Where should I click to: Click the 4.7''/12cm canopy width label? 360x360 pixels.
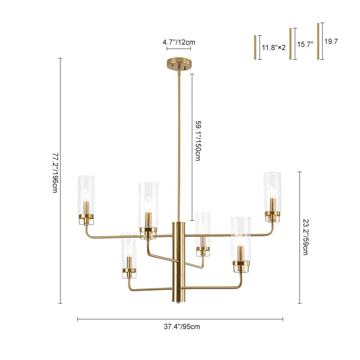179,42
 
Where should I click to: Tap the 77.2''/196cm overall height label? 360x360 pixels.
55,173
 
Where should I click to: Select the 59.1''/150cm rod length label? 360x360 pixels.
198,140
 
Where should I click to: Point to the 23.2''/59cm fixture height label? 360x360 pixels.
306,237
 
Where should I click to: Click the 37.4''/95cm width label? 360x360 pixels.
182,327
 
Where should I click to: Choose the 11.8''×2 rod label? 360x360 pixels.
274,48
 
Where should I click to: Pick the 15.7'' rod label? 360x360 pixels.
305,44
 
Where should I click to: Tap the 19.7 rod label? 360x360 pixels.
331,41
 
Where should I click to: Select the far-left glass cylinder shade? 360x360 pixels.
86,195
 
